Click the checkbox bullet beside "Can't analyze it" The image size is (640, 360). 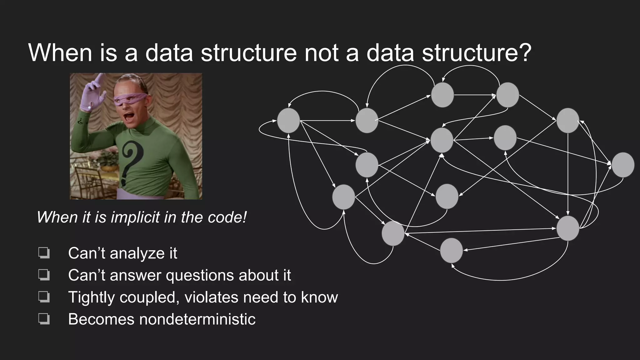(44, 253)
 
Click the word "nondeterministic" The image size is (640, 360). (197, 319)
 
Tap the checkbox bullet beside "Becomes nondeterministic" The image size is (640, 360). (44, 319)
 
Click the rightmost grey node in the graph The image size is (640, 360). (622, 165)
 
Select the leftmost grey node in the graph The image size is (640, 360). (288, 120)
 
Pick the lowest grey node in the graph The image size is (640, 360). (451, 250)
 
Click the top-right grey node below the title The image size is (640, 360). (507, 95)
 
